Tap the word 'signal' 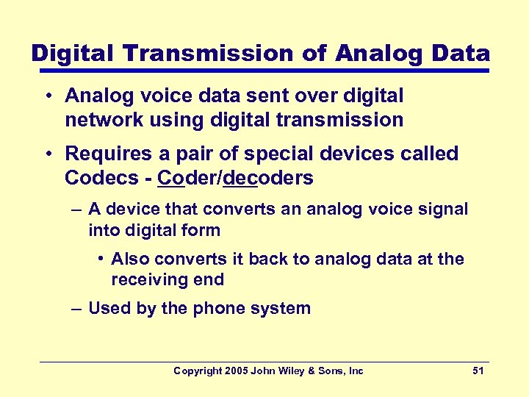[443, 209]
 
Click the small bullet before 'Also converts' [101, 259]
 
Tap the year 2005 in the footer [235, 371]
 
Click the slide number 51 [478, 371]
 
